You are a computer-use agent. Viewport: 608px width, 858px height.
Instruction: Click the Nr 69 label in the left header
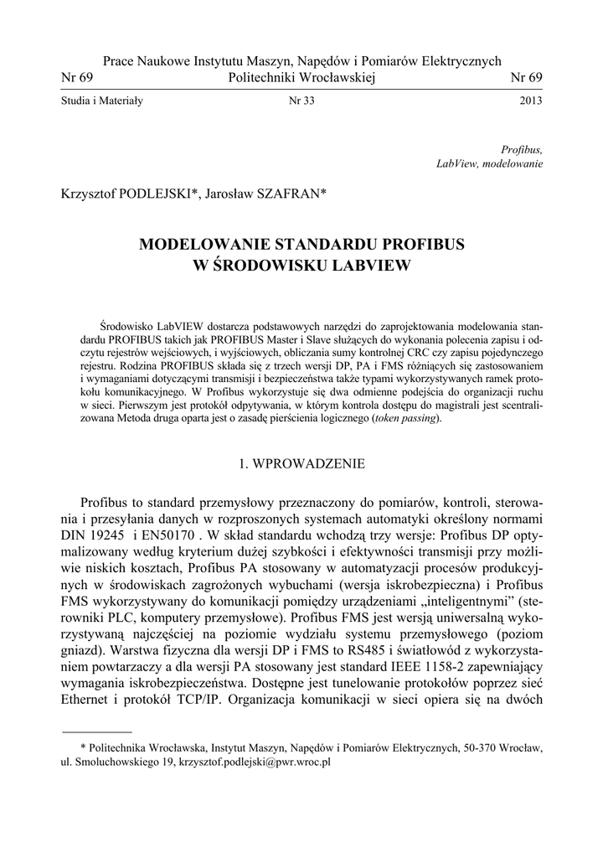click(x=77, y=78)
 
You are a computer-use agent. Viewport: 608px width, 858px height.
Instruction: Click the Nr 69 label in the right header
click(x=527, y=78)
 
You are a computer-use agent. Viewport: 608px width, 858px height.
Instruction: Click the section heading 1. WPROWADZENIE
click(x=302, y=462)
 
